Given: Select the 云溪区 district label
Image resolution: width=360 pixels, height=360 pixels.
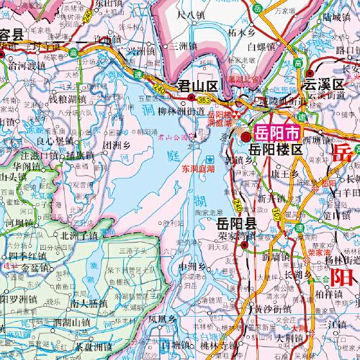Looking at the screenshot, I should point(325,84).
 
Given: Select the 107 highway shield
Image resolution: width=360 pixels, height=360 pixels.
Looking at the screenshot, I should point(276,213).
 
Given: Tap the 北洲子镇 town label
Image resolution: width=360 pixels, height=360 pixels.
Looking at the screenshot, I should point(81,235).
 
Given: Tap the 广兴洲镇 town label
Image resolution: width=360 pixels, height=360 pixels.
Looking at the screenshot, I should point(144,50).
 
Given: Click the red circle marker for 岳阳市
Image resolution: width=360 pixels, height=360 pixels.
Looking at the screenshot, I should point(246,135).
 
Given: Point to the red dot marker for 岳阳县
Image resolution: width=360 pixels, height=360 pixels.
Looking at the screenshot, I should point(245,244).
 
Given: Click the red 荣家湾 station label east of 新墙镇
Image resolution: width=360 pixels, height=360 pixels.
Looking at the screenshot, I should point(317,252).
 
